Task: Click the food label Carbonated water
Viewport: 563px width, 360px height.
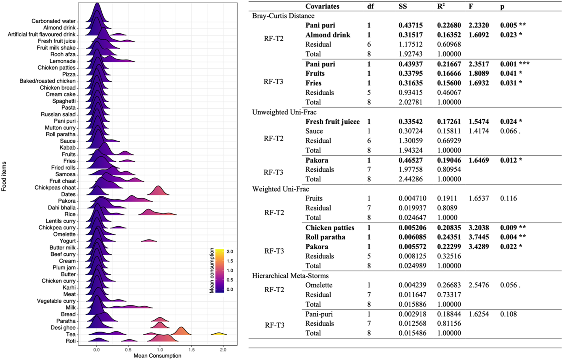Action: coord(53,21)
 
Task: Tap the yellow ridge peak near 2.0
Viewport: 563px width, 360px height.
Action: coord(219,333)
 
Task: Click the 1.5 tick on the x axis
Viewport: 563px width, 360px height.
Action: coord(192,350)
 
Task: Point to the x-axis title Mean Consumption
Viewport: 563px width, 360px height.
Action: coord(157,356)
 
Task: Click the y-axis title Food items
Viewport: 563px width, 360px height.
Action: coord(4,176)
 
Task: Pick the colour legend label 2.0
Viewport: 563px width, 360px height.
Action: coord(230,251)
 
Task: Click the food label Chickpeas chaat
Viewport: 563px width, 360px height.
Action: coord(55,187)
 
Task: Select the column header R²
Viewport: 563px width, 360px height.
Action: coord(441,6)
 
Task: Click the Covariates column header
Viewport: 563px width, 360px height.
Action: coord(322,6)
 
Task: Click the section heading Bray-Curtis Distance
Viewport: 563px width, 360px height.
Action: coord(283,16)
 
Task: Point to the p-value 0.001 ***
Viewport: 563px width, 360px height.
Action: coord(514,64)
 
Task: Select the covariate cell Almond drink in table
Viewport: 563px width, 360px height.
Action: coord(328,35)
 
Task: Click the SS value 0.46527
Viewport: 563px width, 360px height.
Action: coord(410,160)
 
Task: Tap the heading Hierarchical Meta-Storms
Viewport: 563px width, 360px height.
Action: coord(290,276)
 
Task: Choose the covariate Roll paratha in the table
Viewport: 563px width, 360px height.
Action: coord(325,237)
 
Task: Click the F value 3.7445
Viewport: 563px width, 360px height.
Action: coord(478,237)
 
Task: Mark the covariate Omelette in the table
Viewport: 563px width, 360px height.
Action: coord(319,285)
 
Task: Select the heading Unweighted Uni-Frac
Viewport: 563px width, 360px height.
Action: coord(284,112)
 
